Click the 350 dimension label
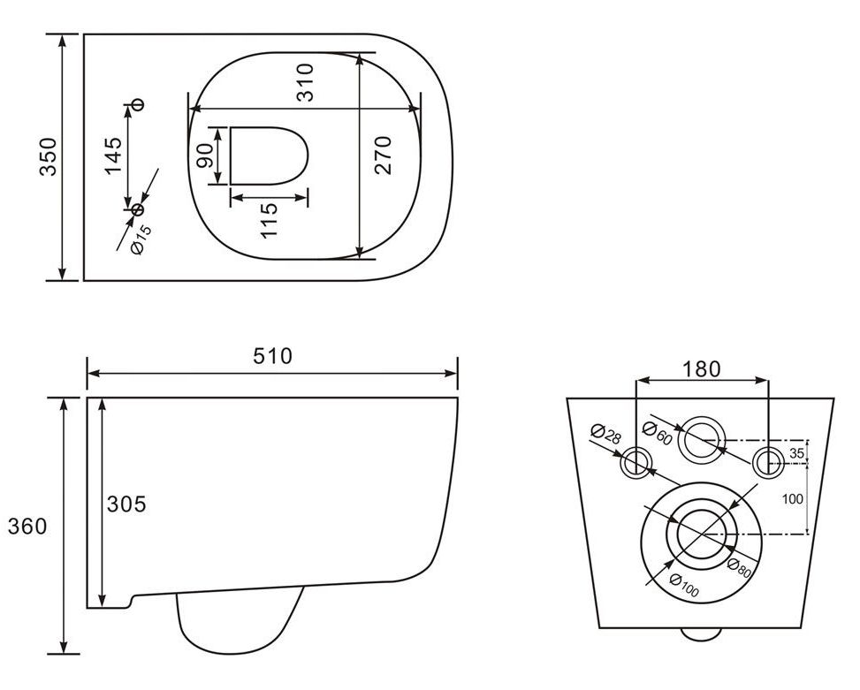(x=49, y=156)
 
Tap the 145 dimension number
(x=113, y=156)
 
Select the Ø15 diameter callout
(x=141, y=239)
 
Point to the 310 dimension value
(x=304, y=83)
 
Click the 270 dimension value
(x=384, y=155)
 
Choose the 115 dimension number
(x=269, y=220)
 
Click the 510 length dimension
(x=272, y=356)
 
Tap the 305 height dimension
(x=126, y=504)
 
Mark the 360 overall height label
(x=27, y=527)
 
